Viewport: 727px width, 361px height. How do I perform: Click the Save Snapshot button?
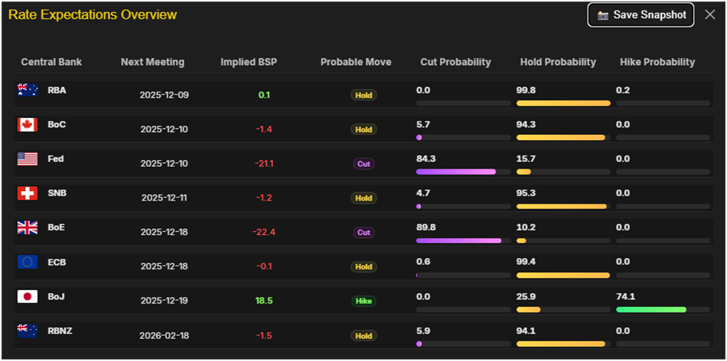pos(641,15)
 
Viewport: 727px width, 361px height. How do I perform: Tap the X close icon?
pos(710,15)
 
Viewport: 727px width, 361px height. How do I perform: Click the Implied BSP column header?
pos(248,62)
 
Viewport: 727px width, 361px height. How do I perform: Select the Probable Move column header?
pos(356,62)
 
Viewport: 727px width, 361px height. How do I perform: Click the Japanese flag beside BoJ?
pos(28,296)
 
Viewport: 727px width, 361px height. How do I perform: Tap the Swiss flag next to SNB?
pos(28,193)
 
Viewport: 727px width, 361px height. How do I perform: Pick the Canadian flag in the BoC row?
pos(28,125)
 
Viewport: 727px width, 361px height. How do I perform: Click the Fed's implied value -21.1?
pos(264,163)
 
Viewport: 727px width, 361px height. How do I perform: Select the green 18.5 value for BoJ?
pos(264,301)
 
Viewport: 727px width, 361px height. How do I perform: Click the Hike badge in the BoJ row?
pos(364,301)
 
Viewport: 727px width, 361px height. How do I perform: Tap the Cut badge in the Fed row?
pos(364,164)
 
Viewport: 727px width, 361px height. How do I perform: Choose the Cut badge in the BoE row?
pos(364,233)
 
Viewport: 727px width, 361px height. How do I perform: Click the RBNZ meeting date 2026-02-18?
pos(164,336)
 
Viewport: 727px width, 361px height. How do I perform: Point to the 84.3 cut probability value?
pos(426,159)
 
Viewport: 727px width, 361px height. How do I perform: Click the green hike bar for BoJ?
pos(651,310)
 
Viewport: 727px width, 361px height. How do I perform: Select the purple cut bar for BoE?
pos(459,241)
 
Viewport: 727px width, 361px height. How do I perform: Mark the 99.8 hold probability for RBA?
pos(526,90)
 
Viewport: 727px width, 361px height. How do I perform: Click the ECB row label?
pos(56,262)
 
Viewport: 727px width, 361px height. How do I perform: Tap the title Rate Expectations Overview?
pos(93,15)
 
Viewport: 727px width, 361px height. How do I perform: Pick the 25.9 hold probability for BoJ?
pos(526,296)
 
